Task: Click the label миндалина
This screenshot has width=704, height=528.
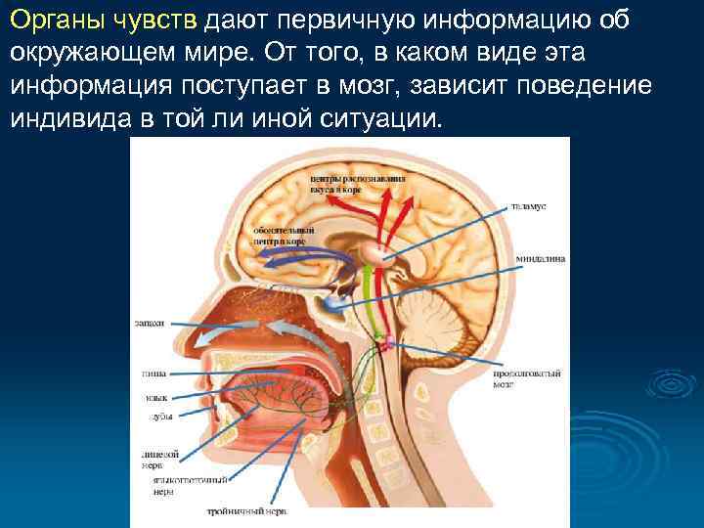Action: pos(541,259)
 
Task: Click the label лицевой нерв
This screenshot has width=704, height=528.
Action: pos(159,458)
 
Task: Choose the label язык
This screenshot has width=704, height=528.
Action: pos(155,397)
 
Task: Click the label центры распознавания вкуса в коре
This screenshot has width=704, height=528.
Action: pos(343,183)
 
